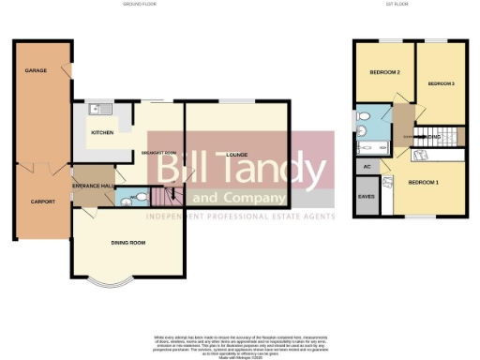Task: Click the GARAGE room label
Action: (36, 71)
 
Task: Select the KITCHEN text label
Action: (101, 133)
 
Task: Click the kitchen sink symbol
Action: (98, 110)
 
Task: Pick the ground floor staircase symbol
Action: (171, 198)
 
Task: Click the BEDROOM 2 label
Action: (384, 72)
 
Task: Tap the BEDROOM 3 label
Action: (441, 83)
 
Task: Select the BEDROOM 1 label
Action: (424, 182)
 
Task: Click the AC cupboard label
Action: (366, 166)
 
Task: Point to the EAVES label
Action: (366, 198)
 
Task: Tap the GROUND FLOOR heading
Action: (139, 5)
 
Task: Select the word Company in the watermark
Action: (250, 198)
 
